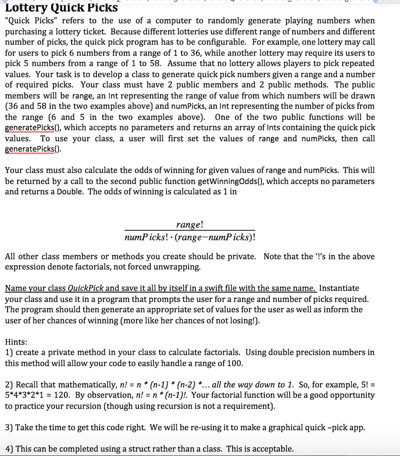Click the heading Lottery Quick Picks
[61, 7]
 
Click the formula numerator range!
[190, 225]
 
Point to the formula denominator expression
[190, 236]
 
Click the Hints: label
[16, 342]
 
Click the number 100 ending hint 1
[234, 363]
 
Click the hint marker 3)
[9, 428]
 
